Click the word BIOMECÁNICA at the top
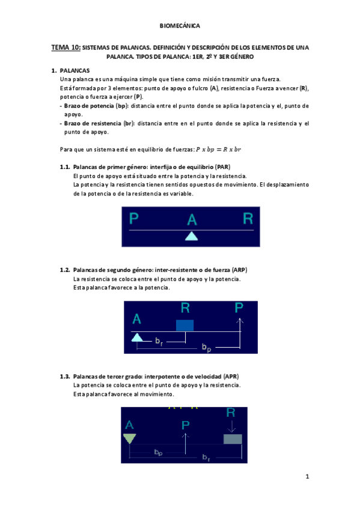(180, 26)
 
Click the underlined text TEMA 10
(66, 47)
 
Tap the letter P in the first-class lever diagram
(134, 218)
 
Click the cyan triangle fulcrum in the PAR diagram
(191, 236)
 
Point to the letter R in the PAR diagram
(248, 218)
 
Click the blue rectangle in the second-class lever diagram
(185, 325)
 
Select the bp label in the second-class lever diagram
(206, 348)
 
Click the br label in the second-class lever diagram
(159, 342)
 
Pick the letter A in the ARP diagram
(136, 318)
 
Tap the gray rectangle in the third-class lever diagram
(232, 438)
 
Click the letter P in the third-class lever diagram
(186, 425)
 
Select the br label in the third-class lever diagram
(206, 458)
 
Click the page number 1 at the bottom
(307, 478)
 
